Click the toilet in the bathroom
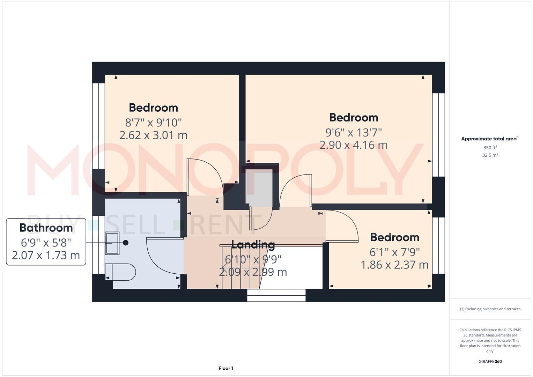[x=120, y=272]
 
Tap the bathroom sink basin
[x=112, y=243]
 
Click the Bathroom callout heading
[x=46, y=228]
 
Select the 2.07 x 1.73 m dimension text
[x=46, y=255]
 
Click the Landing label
[x=253, y=244]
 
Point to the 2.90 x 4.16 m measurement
[x=354, y=145]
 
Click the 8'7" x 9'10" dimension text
[x=154, y=123]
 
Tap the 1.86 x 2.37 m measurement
[x=394, y=265]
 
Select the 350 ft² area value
[x=490, y=148]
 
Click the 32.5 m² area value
[x=490, y=155]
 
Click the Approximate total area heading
[x=490, y=139]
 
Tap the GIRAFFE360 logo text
[x=490, y=361]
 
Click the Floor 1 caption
[x=226, y=368]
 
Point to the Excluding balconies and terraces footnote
[x=490, y=309]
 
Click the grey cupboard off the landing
[x=259, y=187]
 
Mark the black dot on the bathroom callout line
[x=126, y=243]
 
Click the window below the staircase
[x=276, y=295]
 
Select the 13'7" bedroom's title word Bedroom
[x=354, y=118]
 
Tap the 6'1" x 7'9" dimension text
[x=394, y=252]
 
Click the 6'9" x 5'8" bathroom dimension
[x=46, y=242]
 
